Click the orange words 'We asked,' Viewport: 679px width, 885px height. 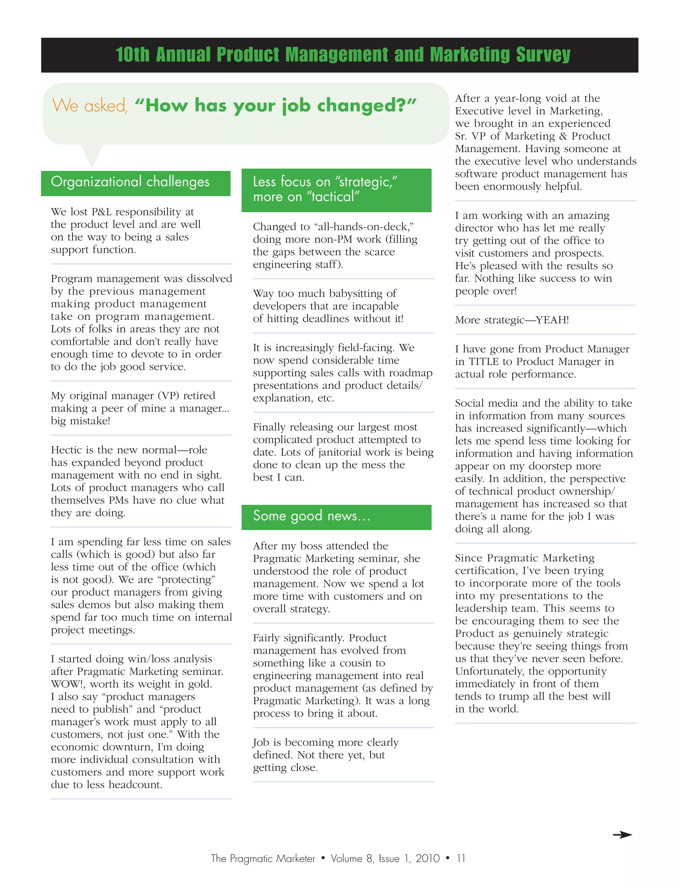tap(90, 106)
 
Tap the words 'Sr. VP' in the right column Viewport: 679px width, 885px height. tap(470, 136)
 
